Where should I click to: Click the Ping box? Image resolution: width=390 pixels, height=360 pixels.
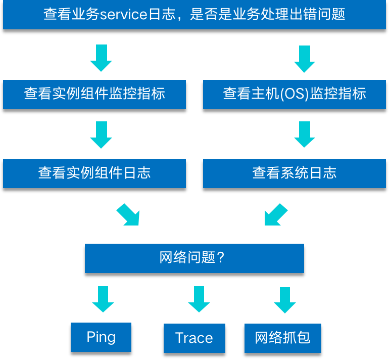point(101,337)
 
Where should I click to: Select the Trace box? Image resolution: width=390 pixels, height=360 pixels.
point(194,338)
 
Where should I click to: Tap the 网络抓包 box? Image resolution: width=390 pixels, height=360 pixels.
point(282,338)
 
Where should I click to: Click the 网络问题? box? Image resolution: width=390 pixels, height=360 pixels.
point(194,258)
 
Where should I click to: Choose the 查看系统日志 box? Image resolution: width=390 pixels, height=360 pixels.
point(294,173)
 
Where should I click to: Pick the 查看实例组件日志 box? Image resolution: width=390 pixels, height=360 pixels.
point(94,173)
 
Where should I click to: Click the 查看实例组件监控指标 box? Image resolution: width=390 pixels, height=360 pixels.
point(94,94)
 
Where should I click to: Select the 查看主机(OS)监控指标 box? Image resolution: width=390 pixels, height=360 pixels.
point(294,94)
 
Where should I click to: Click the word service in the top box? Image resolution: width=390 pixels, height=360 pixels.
point(124,15)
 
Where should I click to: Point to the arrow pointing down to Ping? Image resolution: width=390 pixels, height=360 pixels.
point(103,299)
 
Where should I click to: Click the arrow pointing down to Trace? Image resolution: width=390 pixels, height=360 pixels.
point(199,299)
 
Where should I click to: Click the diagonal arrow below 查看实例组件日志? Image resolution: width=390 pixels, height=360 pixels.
point(128,215)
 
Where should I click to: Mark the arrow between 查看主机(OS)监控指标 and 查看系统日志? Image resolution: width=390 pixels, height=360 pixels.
point(304,134)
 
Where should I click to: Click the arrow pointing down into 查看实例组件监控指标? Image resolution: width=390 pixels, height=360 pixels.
point(101,58)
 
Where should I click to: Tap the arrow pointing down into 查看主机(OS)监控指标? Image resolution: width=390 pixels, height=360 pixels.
point(304,59)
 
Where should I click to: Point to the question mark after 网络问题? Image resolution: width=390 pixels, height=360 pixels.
point(220,258)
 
